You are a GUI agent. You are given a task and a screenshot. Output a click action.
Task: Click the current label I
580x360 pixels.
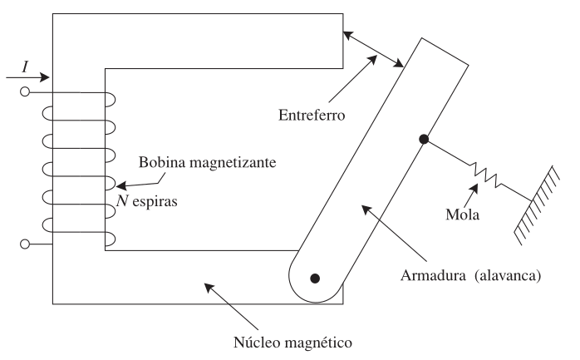point(25,67)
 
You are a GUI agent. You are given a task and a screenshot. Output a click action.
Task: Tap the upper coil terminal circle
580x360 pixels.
point(25,91)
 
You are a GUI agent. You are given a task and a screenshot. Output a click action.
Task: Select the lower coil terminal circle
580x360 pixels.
point(25,244)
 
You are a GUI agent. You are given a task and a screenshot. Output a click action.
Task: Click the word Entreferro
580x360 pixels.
point(312,115)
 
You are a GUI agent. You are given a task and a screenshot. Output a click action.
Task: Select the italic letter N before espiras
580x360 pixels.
point(121,201)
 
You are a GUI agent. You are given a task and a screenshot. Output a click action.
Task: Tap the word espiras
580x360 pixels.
point(155,202)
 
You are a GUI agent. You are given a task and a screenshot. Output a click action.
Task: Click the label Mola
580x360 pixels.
point(462,215)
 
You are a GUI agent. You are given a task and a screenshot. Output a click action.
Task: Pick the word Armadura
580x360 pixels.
point(433,276)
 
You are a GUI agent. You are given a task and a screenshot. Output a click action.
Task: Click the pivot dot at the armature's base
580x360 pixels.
point(315,279)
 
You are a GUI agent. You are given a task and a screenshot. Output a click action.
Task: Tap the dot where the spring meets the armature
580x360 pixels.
point(424,139)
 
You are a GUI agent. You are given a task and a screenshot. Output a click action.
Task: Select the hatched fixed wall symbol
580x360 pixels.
point(537,205)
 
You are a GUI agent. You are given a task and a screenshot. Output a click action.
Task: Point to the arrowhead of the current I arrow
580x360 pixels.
point(45,77)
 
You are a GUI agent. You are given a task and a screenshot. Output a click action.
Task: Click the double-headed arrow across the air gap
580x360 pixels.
point(373,50)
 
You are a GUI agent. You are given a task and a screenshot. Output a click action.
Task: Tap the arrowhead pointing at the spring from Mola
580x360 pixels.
point(474,188)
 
